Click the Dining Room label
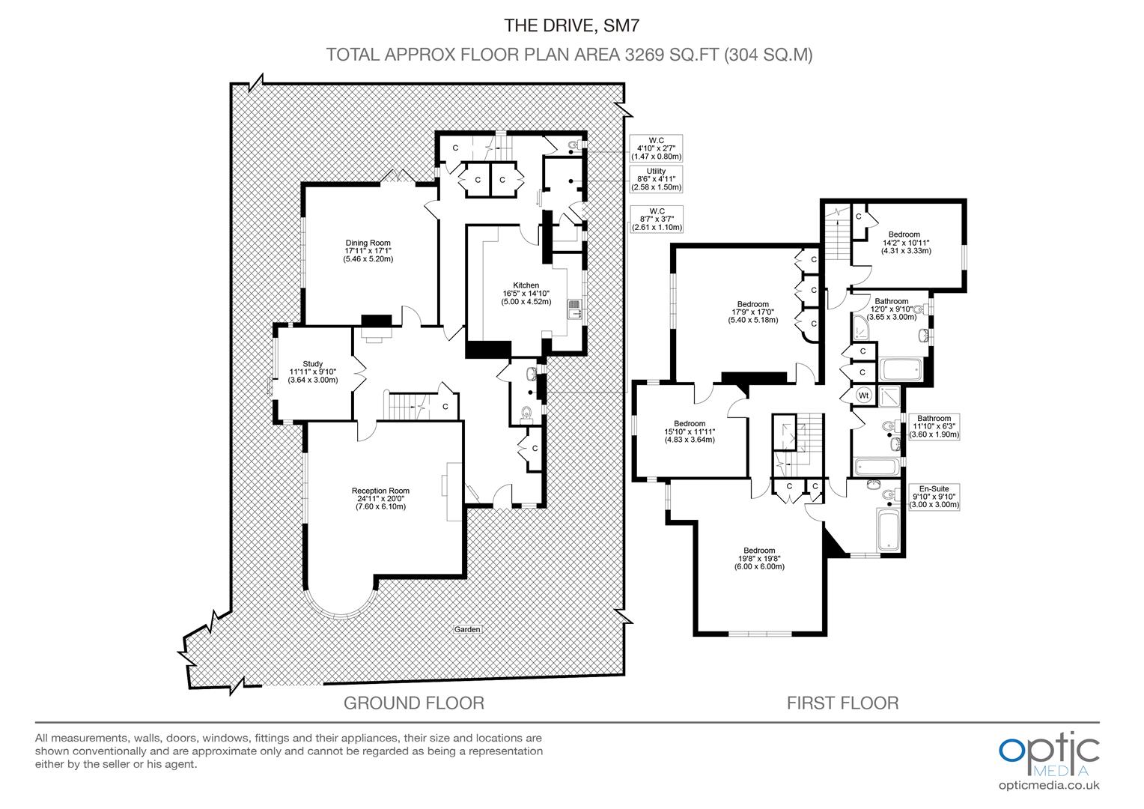coord(368,250)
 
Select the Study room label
coord(312,372)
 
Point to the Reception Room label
coord(380,499)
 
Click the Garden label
coord(466,629)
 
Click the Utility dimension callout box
coord(655,179)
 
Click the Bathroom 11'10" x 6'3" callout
coord(934,426)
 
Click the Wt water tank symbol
coord(863,394)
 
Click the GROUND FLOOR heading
coord(413,703)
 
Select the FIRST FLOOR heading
coord(842,703)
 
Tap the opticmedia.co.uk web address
coord(1048,785)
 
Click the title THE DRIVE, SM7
coord(572,26)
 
